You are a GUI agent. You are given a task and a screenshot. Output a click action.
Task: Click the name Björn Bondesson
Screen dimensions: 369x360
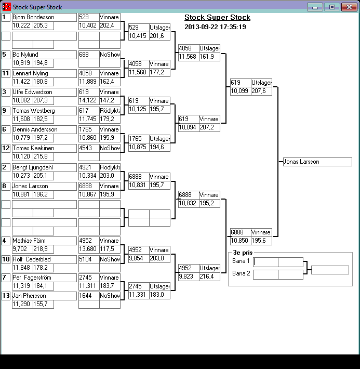pyautogui.click(x=33, y=17)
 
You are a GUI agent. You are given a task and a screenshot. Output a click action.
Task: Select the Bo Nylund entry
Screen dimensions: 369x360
pyautogui.click(x=25, y=55)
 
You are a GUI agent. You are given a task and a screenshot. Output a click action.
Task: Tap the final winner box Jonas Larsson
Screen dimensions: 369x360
pyautogui.click(x=317, y=162)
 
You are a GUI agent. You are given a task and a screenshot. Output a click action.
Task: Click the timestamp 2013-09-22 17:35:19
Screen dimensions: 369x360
pyautogui.click(x=215, y=27)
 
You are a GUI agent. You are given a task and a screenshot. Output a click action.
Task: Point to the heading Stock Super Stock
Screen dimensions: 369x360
pyautogui.click(x=217, y=18)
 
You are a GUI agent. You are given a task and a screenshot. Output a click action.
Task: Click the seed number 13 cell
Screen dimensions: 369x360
pyautogui.click(x=6, y=296)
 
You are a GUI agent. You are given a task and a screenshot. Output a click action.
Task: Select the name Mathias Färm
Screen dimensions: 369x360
pyautogui.click(x=29, y=241)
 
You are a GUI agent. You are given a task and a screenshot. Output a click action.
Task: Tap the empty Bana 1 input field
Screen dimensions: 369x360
pyautogui.click(x=265, y=261)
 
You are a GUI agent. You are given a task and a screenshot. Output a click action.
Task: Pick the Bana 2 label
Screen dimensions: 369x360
pyautogui.click(x=241, y=273)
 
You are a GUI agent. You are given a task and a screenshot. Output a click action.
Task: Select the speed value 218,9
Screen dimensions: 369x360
pyautogui.click(x=41, y=249)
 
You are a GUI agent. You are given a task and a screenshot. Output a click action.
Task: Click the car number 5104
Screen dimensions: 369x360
pyautogui.click(x=86, y=259)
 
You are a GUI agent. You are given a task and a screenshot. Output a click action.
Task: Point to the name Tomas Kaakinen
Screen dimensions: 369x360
pyautogui.click(x=31, y=148)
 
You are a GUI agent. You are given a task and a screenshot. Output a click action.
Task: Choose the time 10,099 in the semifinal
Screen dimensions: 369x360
pyautogui.click(x=239, y=91)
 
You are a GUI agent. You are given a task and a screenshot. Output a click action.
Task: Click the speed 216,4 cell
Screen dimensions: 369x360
pyautogui.click(x=208, y=276)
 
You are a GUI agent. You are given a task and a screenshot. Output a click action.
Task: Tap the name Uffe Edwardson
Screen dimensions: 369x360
pyautogui.click(x=32, y=92)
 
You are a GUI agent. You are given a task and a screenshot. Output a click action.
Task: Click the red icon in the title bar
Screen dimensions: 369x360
pyautogui.click(x=6, y=7)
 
